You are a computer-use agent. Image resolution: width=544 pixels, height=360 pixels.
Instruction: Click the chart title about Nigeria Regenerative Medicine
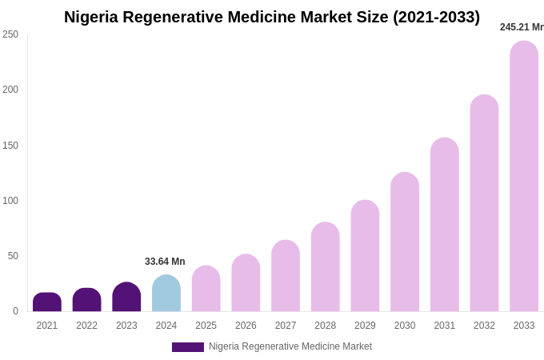pos(272,17)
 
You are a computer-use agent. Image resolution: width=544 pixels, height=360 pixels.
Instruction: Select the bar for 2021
pos(47,302)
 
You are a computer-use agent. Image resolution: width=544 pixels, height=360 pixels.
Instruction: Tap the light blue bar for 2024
pos(166,294)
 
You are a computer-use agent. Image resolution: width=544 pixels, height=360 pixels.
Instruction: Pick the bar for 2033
pos(524,176)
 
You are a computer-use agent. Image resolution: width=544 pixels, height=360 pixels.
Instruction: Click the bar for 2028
pos(326,267)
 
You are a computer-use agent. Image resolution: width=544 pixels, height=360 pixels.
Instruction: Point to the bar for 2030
pos(405,242)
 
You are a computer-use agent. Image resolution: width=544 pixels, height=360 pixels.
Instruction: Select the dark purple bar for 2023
pos(126,297)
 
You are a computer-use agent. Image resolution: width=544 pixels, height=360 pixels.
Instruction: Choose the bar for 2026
pos(246,283)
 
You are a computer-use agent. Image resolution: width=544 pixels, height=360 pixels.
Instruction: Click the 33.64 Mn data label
pos(165,262)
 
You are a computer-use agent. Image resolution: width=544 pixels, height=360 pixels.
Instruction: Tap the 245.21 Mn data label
pos(522,27)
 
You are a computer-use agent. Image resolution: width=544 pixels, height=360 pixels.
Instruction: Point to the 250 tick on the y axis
pos(10,34)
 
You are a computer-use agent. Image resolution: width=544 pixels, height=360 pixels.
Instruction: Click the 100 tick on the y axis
pos(10,201)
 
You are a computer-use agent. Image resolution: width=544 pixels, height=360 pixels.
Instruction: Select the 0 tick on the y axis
pos(15,311)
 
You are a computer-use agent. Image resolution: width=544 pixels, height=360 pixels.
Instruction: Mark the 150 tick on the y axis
pos(10,146)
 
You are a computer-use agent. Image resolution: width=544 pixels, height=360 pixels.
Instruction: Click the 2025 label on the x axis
pos(206,326)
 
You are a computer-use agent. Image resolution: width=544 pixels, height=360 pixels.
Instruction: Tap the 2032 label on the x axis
pos(484,326)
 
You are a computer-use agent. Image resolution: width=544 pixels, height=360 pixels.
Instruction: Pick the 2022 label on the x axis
pos(87,326)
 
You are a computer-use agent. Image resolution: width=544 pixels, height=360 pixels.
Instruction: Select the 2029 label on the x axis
pos(365,326)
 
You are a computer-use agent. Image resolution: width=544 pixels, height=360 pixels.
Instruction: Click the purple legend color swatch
pos(188,347)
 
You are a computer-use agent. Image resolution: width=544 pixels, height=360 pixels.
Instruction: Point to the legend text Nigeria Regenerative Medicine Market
pos(290,346)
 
